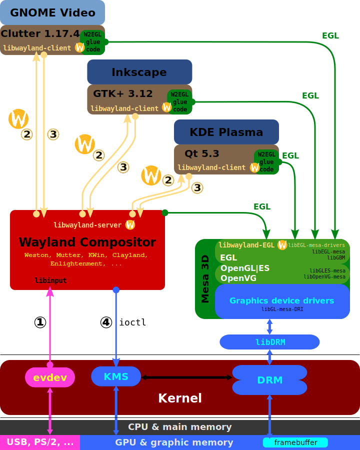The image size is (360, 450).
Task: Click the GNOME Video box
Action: point(52,12)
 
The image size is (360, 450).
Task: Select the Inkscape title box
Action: point(139,71)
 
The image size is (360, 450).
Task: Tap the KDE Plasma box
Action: point(226,131)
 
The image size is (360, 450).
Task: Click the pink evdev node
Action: point(50,377)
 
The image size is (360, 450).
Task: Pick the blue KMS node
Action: point(116,376)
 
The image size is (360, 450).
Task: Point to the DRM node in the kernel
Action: point(269,380)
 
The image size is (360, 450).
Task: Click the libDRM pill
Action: point(269,342)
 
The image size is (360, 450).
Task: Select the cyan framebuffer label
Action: point(295,442)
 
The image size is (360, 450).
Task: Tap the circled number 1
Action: point(40,322)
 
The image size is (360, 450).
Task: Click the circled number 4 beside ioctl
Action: point(106,322)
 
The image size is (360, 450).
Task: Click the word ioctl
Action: point(132,322)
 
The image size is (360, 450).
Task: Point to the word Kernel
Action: point(180,398)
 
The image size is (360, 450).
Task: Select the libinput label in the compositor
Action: point(50,280)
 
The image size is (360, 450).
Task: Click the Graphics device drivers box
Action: point(282,301)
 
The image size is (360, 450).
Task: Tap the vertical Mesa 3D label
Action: point(205,279)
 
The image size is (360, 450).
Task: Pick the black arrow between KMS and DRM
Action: point(186,377)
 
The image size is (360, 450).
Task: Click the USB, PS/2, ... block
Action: point(40,442)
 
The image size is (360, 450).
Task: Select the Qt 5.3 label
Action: point(202,153)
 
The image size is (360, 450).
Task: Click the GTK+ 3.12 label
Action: point(123,93)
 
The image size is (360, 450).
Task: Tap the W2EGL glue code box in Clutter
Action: point(92,42)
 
